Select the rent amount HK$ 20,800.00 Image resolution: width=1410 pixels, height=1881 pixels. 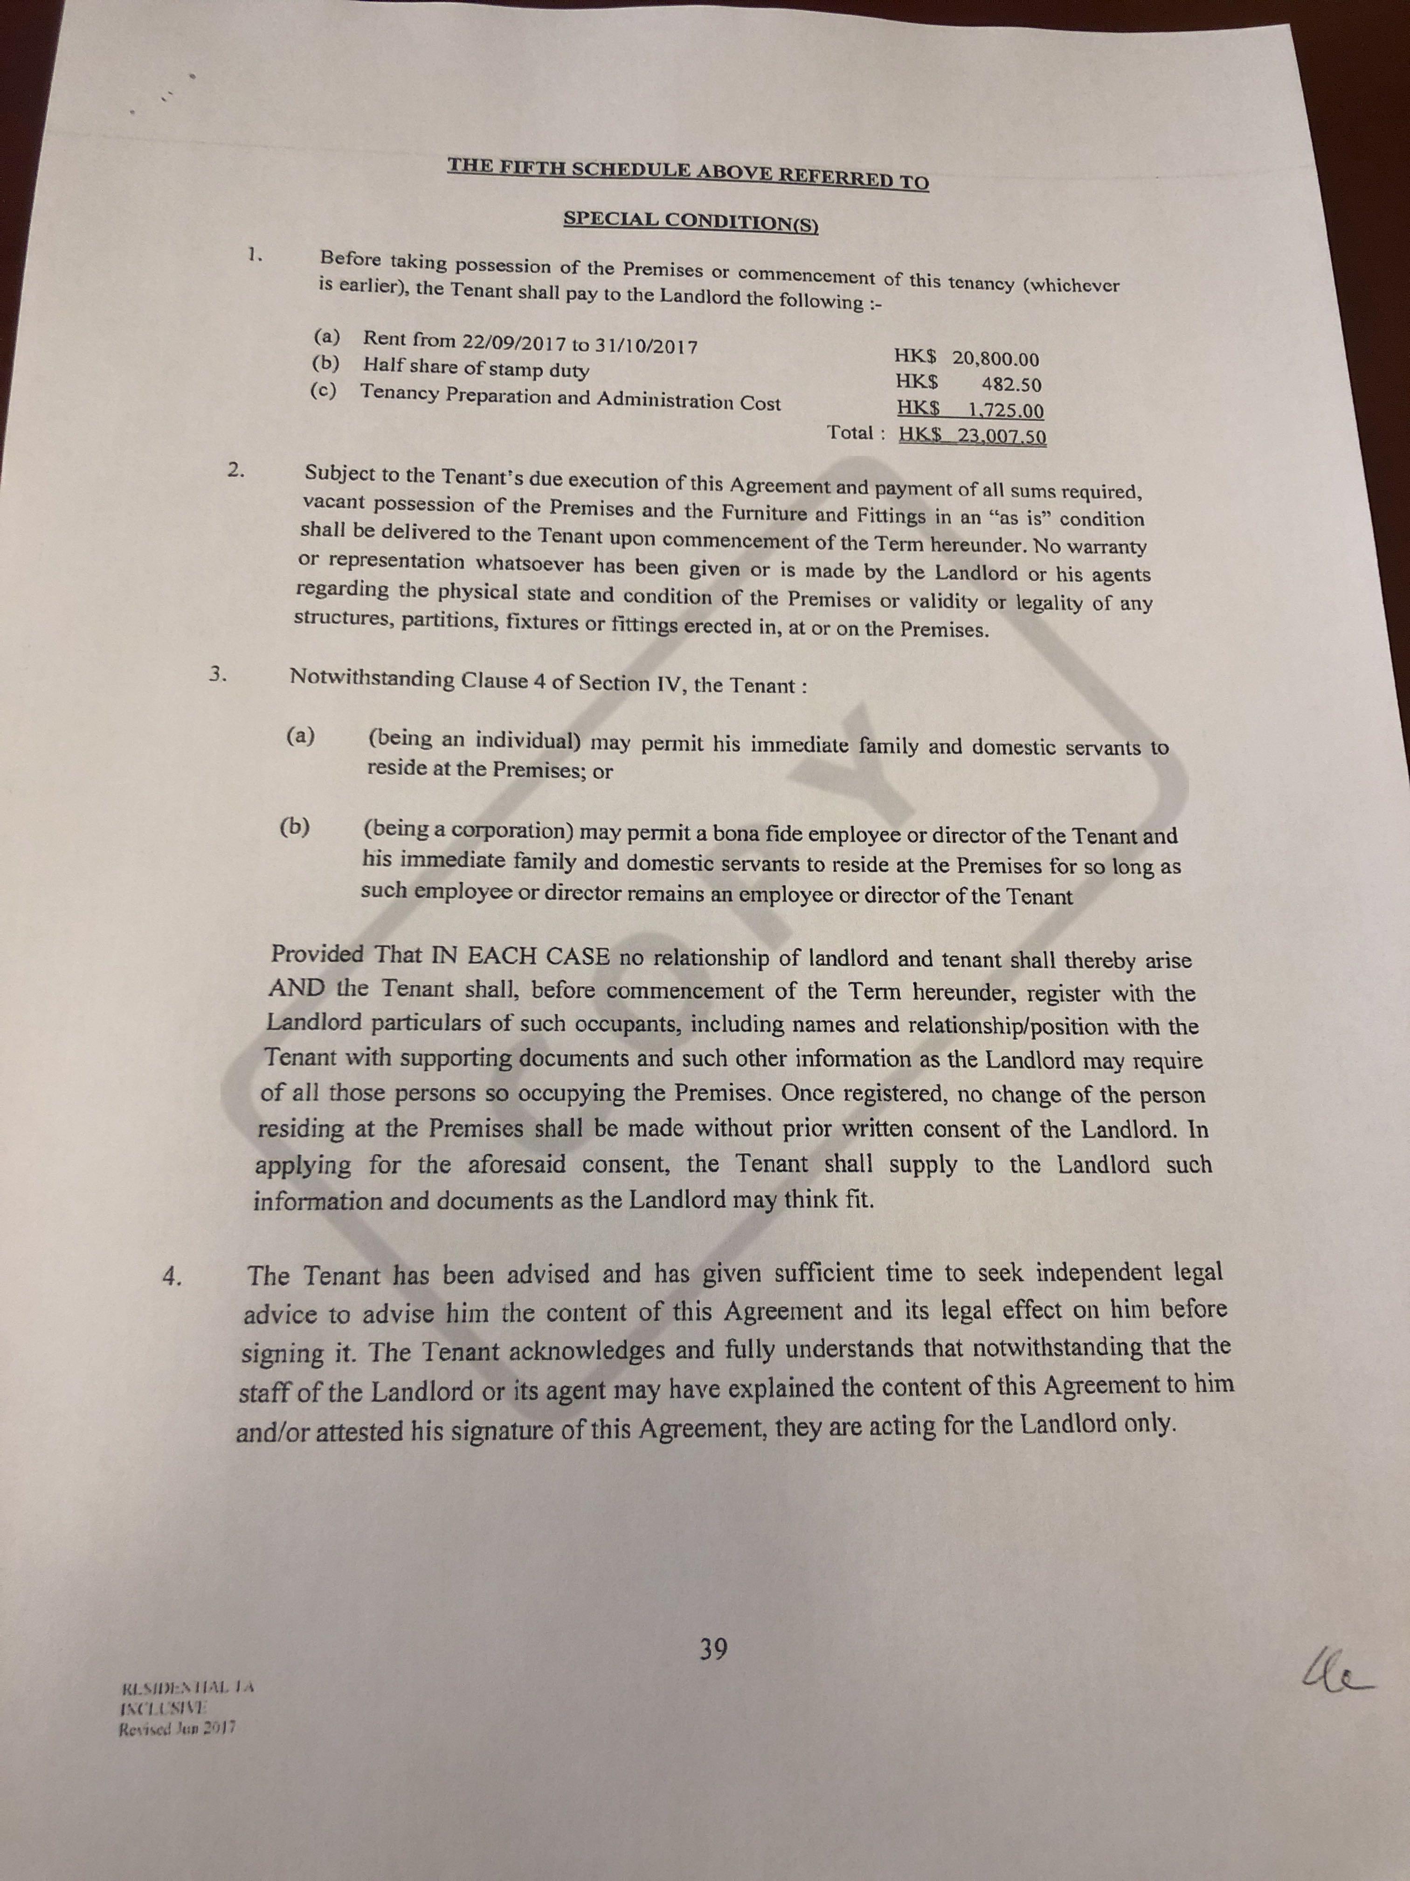(x=967, y=358)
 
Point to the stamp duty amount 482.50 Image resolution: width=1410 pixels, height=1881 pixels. (x=1010, y=384)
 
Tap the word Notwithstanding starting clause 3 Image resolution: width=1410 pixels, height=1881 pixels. (x=372, y=679)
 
